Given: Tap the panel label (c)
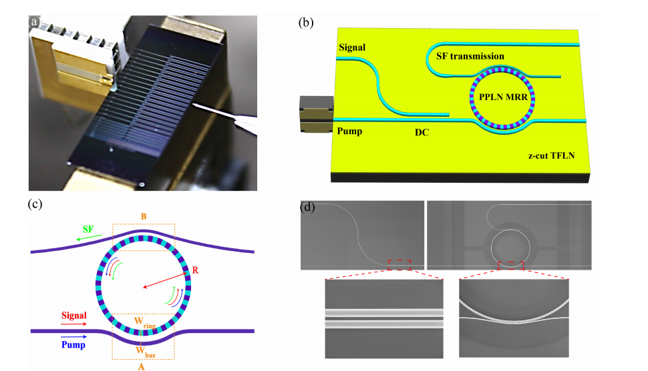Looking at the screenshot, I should pyautogui.click(x=34, y=204).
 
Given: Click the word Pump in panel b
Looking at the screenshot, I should pyautogui.click(x=351, y=131).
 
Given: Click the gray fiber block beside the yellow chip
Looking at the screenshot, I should pyautogui.click(x=315, y=114).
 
